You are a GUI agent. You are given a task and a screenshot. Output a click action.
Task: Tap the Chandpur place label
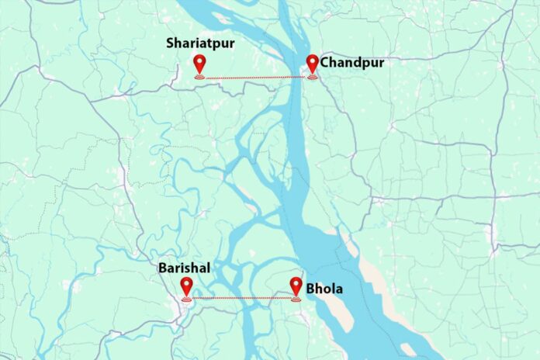click(348, 62)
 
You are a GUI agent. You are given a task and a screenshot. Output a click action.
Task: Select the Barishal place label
click(185, 268)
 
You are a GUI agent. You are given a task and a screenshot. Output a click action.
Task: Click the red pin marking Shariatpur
click(200, 64)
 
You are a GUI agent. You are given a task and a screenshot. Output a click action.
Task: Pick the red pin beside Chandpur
click(313, 64)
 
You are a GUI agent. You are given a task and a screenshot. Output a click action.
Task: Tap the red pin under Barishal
click(186, 286)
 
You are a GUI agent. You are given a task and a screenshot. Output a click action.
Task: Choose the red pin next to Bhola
click(296, 286)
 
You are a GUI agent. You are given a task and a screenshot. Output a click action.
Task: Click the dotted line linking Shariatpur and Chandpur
click(256, 78)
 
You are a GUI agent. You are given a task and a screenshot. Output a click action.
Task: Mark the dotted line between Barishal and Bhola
click(241, 298)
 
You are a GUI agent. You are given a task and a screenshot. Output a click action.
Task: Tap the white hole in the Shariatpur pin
click(200, 61)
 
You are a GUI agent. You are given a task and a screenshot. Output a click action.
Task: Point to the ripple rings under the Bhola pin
click(296, 298)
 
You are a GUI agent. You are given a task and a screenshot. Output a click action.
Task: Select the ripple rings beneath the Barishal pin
click(186, 298)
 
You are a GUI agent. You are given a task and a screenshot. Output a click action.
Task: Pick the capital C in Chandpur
click(324, 62)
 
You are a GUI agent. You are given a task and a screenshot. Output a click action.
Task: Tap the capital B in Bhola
click(310, 289)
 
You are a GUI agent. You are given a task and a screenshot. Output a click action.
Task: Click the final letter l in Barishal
click(209, 268)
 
